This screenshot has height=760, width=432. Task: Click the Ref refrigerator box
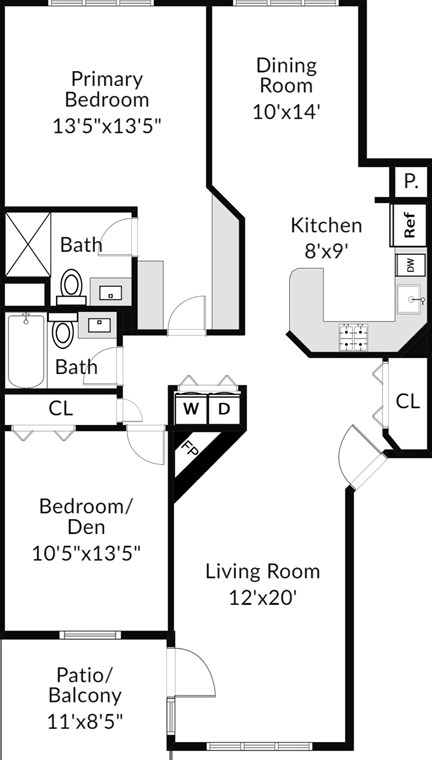409,225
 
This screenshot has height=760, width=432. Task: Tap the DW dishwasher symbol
411,265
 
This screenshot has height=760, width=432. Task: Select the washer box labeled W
191,410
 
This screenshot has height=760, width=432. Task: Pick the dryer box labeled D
224,410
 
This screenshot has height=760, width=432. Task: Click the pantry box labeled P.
411,182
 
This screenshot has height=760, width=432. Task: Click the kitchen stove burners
353,337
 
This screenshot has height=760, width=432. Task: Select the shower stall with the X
28,245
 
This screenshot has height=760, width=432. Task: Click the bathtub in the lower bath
26,350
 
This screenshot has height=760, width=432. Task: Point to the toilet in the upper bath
71,287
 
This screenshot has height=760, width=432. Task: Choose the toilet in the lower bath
63,330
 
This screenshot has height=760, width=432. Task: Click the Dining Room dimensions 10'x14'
287,112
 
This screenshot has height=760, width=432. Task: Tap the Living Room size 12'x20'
262,598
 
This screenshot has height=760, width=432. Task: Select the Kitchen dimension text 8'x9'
326,252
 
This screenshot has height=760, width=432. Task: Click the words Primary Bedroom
107,90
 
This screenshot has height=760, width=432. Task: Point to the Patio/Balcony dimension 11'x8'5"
85,722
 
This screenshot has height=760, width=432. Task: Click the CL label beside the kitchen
408,401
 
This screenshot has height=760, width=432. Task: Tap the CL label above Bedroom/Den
61,409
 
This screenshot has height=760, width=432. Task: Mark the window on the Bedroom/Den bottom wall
90,635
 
